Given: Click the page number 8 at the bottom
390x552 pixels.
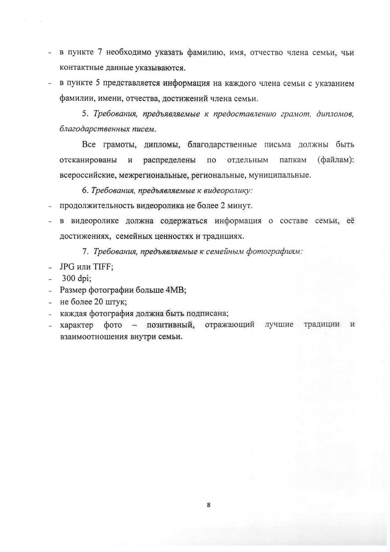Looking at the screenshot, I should point(208,505).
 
